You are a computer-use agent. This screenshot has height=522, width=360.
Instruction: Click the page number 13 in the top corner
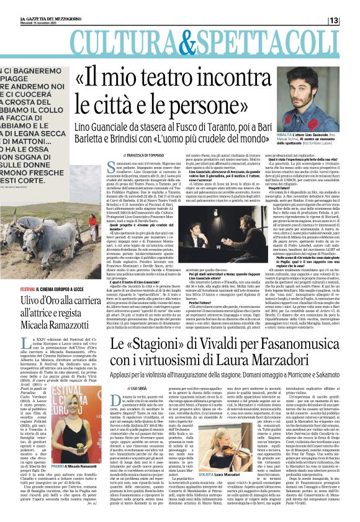click(x=351, y=20)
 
